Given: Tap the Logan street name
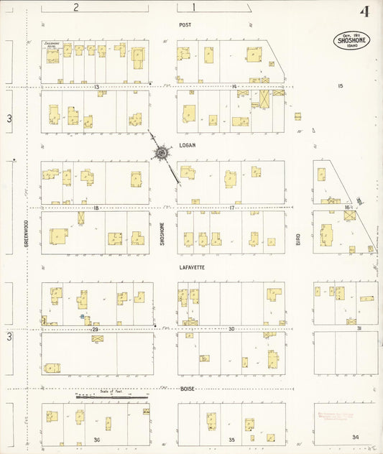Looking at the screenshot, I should click(x=188, y=144).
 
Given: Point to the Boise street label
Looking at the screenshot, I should click(x=188, y=389).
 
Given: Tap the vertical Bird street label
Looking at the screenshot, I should click(x=298, y=238).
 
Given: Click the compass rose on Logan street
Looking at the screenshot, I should click(x=162, y=152).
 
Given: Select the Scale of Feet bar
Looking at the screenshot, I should click(x=111, y=395).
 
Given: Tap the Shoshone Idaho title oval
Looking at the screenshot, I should click(x=353, y=41).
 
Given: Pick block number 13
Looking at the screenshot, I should click(x=96, y=86).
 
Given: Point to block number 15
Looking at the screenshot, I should click(x=341, y=86).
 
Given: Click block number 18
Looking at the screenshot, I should click(x=95, y=208).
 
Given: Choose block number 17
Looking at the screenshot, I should click(x=232, y=208).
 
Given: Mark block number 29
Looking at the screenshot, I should click(x=95, y=329).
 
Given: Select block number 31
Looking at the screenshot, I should click(x=359, y=329).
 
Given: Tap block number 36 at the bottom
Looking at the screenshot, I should click(x=95, y=438).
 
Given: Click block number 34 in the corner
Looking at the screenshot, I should click(x=355, y=437).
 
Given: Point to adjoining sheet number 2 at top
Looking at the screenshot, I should click(x=75, y=7).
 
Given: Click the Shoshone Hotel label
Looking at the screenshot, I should click(x=50, y=45).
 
